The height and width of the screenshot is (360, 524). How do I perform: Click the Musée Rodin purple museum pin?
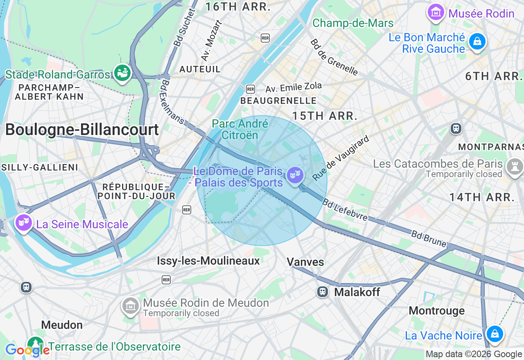(x=436, y=12)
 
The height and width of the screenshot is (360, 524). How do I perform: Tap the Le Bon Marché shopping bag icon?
(x=477, y=42)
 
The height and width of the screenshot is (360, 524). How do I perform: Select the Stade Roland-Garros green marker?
(x=122, y=73)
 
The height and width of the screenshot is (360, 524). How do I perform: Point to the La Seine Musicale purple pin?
(x=24, y=223)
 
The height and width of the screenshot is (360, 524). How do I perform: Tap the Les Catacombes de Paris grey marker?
(x=514, y=167)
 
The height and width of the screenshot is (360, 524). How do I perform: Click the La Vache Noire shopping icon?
(x=495, y=334)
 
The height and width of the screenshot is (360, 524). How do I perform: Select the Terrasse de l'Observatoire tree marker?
(x=36, y=344)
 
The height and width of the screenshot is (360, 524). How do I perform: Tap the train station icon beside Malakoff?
(x=323, y=291)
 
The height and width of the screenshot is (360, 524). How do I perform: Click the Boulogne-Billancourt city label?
(x=82, y=130)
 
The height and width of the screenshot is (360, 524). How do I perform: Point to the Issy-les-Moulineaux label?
(x=208, y=261)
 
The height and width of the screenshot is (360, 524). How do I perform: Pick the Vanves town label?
(x=305, y=262)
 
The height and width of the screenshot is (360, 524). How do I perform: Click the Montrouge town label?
(x=436, y=310)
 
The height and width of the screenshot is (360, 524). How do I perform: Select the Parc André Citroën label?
(x=240, y=129)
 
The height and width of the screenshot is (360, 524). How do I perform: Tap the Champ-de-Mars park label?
(x=353, y=23)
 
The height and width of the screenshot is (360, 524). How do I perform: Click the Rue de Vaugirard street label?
(x=341, y=158)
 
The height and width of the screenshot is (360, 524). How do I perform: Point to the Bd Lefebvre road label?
(x=345, y=209)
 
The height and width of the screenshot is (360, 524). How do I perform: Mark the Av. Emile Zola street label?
(x=294, y=87)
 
